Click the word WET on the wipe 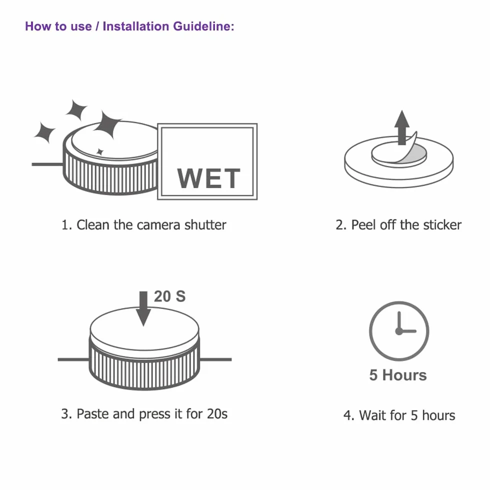point(209,178)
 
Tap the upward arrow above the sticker point(402,127)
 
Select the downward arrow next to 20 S point(143,309)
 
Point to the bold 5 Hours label point(398,375)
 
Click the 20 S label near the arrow point(169,296)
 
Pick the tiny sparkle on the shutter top point(99,152)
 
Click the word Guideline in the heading point(203,26)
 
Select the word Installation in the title point(136,26)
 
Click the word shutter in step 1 point(205,224)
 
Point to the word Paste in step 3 point(93,414)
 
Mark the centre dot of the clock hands point(399,331)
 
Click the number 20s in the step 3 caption point(217,414)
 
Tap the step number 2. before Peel point(341,224)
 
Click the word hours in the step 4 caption point(439,415)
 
